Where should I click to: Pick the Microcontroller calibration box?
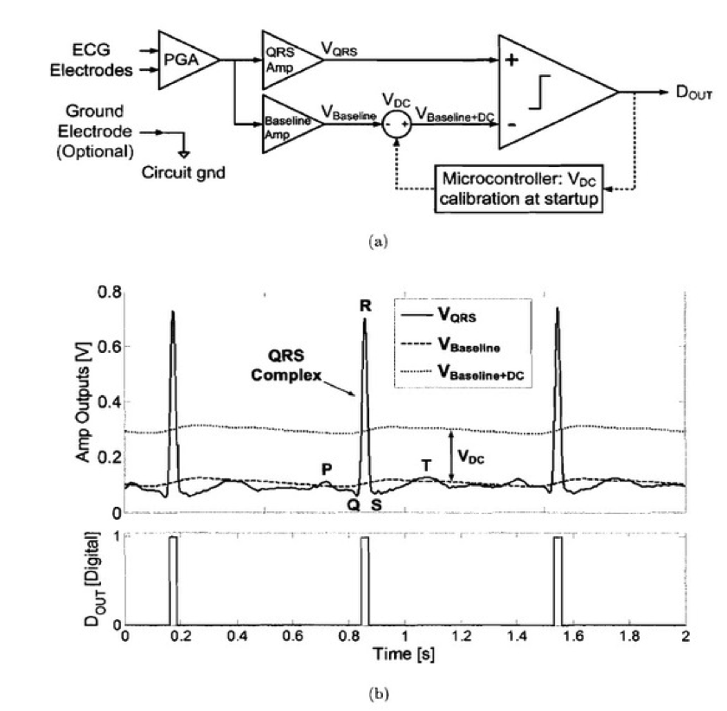[519, 189]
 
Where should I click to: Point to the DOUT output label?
[693, 93]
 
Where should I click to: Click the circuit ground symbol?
[184, 154]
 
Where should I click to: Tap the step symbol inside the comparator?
[539, 93]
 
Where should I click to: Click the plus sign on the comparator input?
[512, 60]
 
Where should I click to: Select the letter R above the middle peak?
[366, 305]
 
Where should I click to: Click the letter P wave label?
[327, 470]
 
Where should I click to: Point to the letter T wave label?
[426, 465]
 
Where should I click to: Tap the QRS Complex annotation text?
[286, 365]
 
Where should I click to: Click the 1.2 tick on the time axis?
[462, 636]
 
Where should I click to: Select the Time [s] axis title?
[404, 654]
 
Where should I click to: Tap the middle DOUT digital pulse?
[365, 580]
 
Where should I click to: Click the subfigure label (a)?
[378, 241]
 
